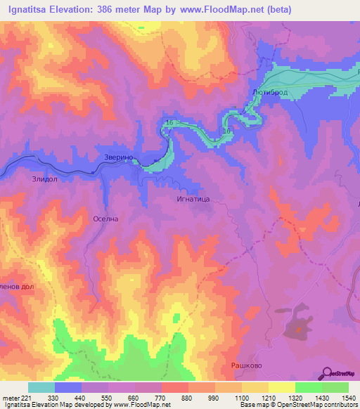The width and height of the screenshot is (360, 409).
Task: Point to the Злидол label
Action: click(45, 179)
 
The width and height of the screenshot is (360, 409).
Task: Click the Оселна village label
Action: click(105, 219)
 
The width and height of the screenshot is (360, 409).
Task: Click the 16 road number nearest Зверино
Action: click(169, 124)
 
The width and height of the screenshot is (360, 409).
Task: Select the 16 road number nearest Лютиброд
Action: click(227, 131)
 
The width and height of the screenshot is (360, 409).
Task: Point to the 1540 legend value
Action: click(347, 398)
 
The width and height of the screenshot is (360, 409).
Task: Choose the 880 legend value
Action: click(187, 398)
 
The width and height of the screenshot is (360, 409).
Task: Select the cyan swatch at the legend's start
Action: click(41, 387)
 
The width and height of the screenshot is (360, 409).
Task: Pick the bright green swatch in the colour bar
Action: click(335, 387)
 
